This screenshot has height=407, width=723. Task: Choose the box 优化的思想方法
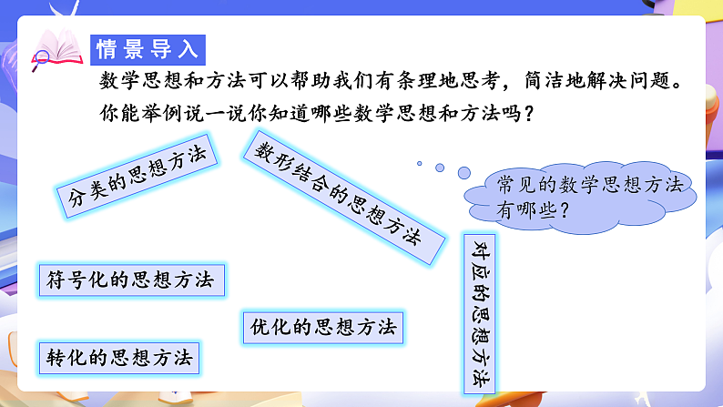tap(322, 326)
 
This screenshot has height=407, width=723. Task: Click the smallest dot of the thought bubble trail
tap(419, 164)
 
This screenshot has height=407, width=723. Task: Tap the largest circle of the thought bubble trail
tap(463, 172)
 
